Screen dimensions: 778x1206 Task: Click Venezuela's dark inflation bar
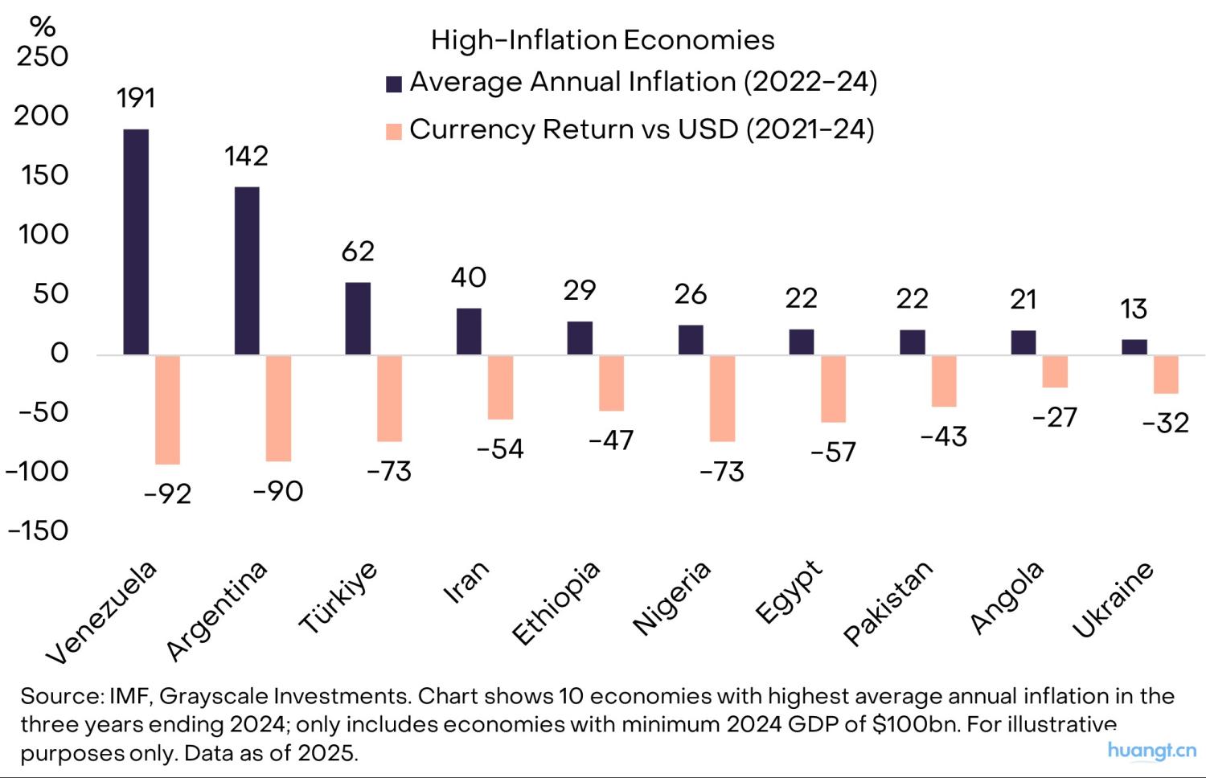pyautogui.click(x=136, y=241)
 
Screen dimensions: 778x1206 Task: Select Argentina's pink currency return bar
pyautogui.click(x=278, y=408)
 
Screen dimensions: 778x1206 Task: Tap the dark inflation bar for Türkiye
pyautogui.click(x=358, y=318)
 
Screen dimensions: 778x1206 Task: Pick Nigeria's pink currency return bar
pyautogui.click(x=722, y=399)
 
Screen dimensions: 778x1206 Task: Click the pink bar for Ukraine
pyautogui.click(x=1166, y=375)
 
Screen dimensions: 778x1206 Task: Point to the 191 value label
pyautogui.click(x=136, y=98)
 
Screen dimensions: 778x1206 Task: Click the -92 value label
pyautogui.click(x=167, y=493)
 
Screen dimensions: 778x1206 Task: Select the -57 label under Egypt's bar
pyautogui.click(x=833, y=452)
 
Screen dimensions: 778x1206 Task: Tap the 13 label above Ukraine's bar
pyautogui.click(x=1134, y=309)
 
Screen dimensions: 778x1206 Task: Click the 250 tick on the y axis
pyautogui.click(x=43, y=56)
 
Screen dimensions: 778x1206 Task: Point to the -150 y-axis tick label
pyautogui.click(x=38, y=530)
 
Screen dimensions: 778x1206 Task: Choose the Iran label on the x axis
pyautogui.click(x=466, y=582)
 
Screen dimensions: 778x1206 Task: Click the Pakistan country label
pyautogui.click(x=888, y=603)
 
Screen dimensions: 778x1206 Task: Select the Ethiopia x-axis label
pyautogui.click(x=556, y=603)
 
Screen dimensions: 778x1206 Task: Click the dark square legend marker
pyautogui.click(x=394, y=84)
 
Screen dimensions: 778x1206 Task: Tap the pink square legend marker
pyautogui.click(x=394, y=131)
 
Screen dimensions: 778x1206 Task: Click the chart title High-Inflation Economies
pyautogui.click(x=602, y=40)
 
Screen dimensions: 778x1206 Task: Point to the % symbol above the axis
pyautogui.click(x=43, y=27)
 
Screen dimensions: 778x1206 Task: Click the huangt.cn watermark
pyautogui.click(x=1151, y=751)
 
